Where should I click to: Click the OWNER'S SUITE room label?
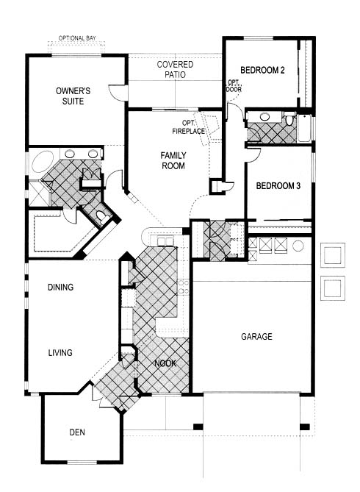[73, 96]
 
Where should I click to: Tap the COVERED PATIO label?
[175, 69]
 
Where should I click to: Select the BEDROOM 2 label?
[262, 70]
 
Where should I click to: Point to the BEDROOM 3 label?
[278, 186]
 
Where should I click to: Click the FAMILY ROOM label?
[173, 160]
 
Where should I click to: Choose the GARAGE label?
[256, 337]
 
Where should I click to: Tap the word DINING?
[60, 287]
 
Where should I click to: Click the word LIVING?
[60, 353]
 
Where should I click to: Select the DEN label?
[77, 432]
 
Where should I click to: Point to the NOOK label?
[165, 363]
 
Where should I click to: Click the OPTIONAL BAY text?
[77, 38]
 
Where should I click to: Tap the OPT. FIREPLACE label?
[189, 127]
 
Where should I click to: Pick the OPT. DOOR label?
[234, 86]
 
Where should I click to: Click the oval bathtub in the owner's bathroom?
[43, 161]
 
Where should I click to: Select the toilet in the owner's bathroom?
[101, 215]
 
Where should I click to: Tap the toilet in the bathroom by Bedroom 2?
[289, 121]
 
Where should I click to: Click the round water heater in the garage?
[298, 246]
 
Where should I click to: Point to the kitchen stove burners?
[184, 287]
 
